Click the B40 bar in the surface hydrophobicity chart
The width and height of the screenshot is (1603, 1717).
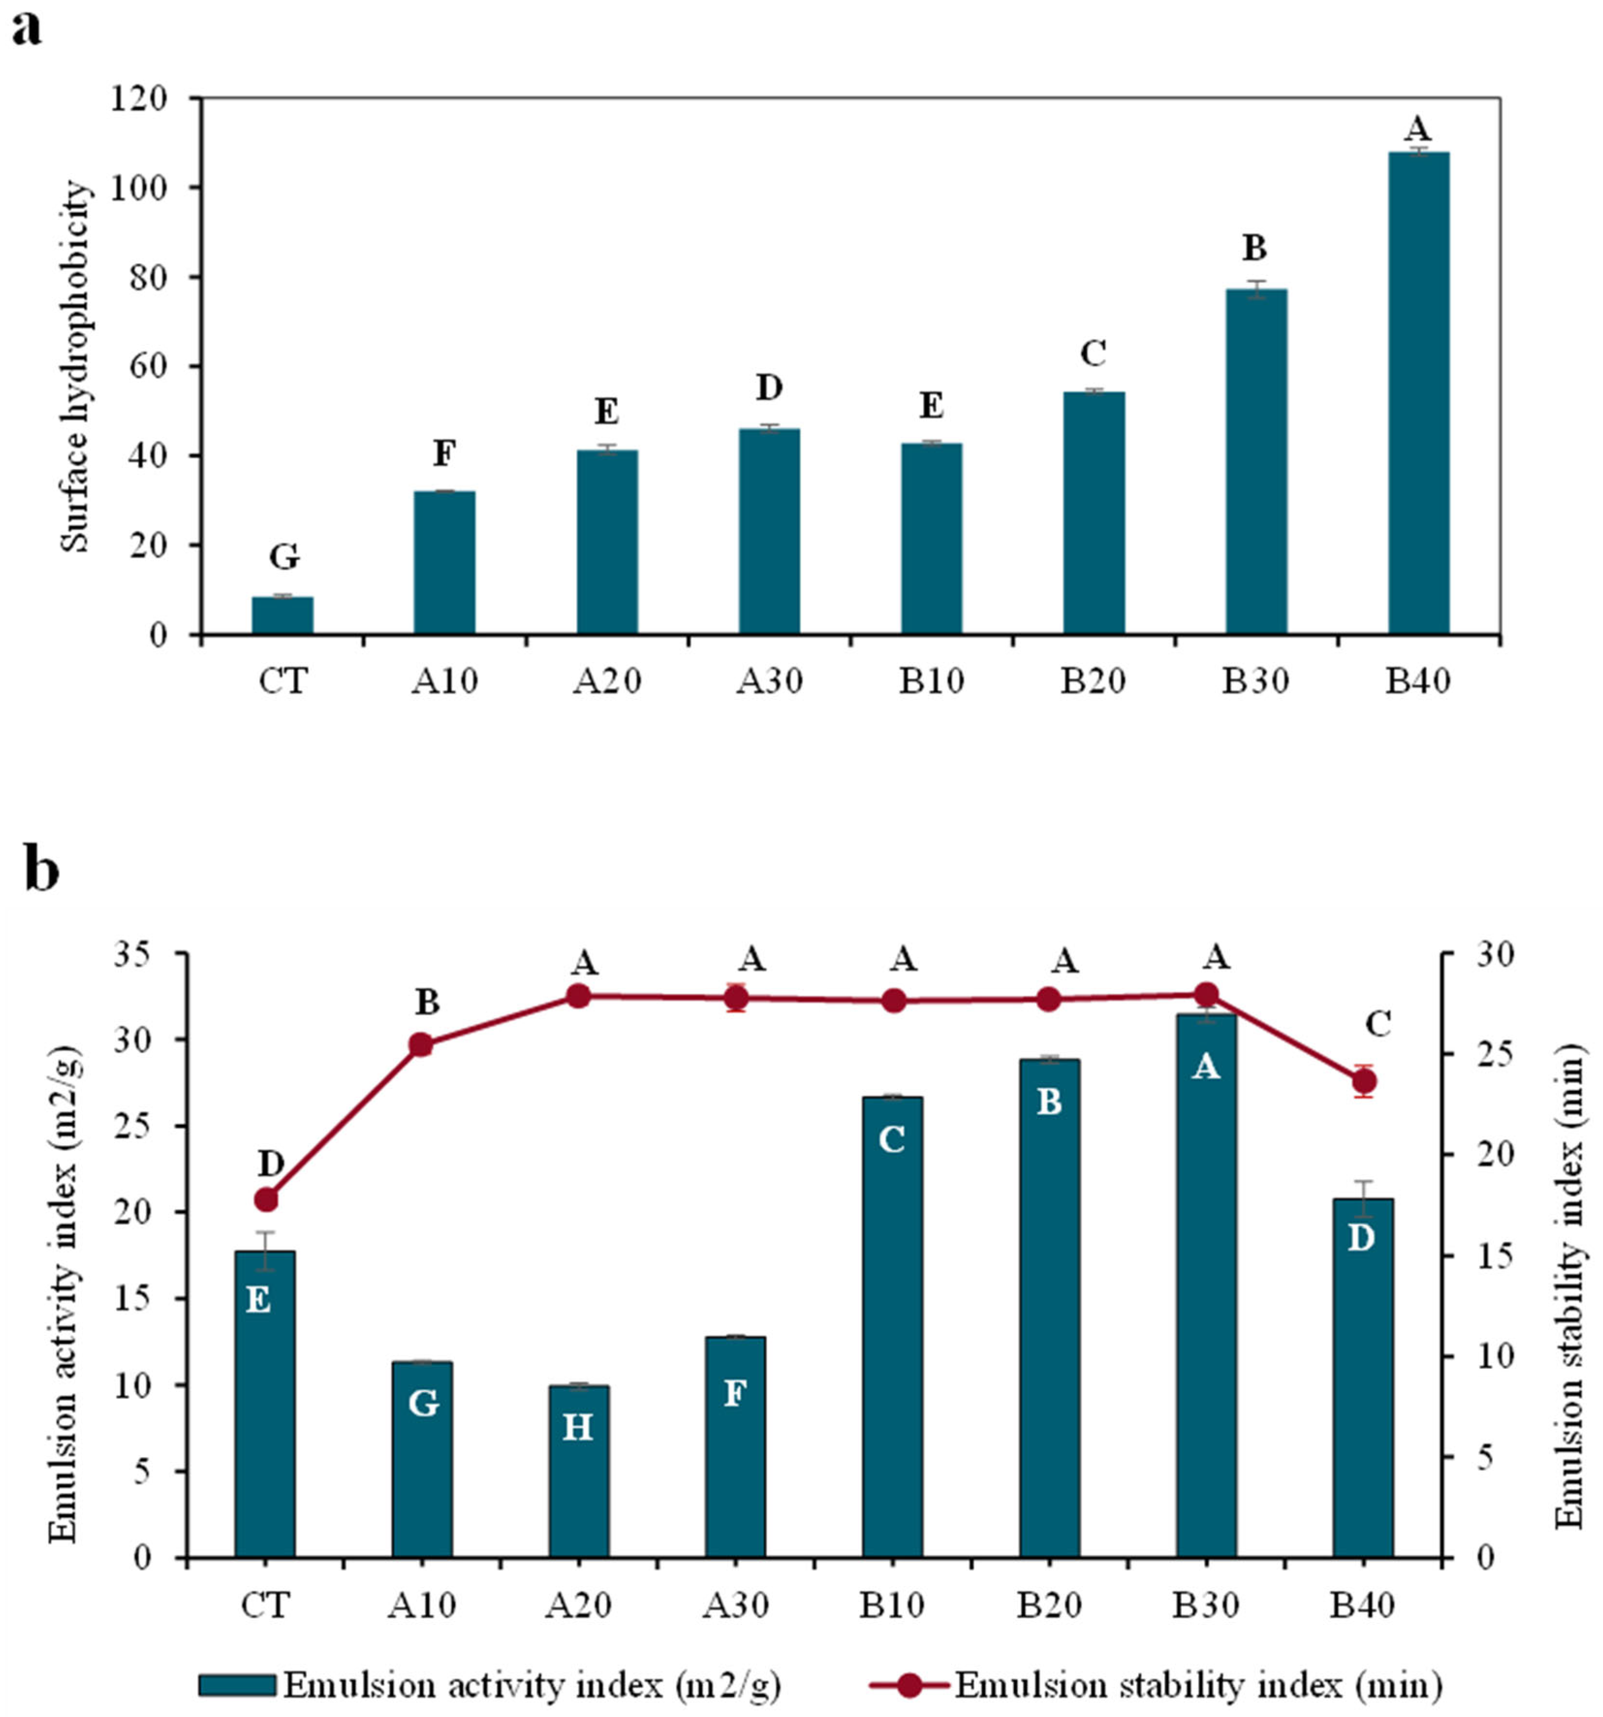pos(1418,393)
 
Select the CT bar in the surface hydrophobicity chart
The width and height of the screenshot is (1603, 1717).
pos(282,616)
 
